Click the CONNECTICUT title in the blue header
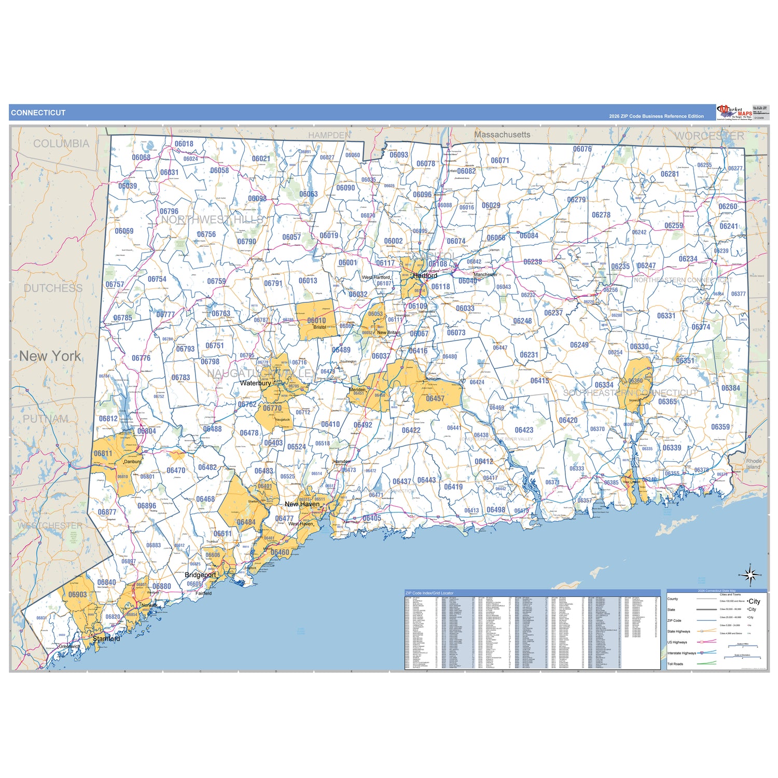38,113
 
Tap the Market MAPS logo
734,112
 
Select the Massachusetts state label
502,135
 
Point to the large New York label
50,356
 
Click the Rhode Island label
754,464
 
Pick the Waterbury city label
255,383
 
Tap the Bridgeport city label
200,575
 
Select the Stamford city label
106,639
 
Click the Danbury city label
133,462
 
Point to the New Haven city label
302,504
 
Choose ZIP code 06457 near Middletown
435,399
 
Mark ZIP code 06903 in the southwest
78,595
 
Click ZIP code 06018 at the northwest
184,144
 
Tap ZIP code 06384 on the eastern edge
730,388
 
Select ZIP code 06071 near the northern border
500,161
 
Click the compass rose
750,575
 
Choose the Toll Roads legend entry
675,664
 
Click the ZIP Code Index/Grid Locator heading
429,593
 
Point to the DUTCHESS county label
53,288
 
